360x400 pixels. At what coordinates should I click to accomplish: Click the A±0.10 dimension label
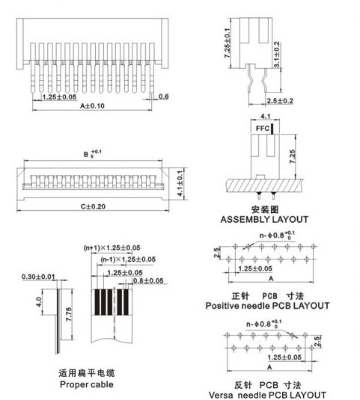[92, 105]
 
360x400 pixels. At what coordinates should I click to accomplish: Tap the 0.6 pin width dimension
[163, 96]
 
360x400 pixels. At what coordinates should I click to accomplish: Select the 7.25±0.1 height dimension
[228, 43]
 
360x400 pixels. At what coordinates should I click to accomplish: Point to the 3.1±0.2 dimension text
[276, 55]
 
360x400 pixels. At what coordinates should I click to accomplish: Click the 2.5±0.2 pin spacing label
[280, 101]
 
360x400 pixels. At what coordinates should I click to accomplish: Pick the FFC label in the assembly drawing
[263, 129]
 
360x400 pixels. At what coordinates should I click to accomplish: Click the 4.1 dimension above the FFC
[266, 117]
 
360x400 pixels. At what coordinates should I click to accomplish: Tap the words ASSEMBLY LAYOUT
[264, 219]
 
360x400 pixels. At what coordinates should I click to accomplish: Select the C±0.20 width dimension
[93, 206]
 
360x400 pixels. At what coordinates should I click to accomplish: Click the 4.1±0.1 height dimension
[180, 183]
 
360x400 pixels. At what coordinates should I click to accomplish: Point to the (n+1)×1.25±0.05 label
[112, 247]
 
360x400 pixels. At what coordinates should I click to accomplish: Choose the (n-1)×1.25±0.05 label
[128, 259]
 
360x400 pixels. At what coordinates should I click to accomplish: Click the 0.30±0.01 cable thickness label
[38, 277]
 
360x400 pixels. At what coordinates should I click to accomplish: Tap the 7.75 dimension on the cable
[69, 314]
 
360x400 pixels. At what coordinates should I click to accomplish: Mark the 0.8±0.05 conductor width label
[148, 280]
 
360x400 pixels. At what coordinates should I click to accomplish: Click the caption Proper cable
[87, 384]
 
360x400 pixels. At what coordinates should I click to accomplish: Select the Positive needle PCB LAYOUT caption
[267, 306]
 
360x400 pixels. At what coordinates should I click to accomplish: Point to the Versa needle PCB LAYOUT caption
[267, 396]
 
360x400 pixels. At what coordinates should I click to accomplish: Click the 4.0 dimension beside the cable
[39, 302]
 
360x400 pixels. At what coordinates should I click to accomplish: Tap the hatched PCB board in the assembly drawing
[264, 185]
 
